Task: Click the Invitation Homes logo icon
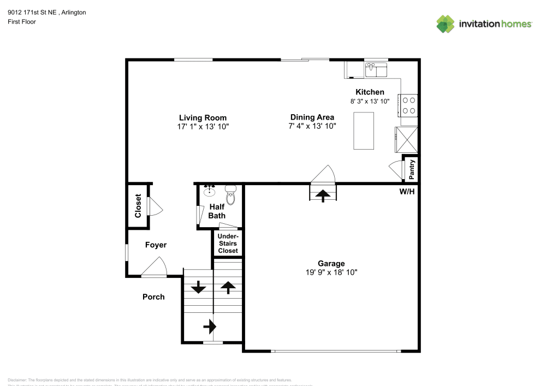point(446,23)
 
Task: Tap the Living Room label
point(203,117)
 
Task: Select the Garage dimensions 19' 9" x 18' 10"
point(331,272)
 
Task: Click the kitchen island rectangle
point(364,130)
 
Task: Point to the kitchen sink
point(376,70)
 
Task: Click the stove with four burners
point(410,105)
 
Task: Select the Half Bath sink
point(209,190)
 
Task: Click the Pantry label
point(412,169)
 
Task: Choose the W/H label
point(407,192)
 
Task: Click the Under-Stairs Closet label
point(228,244)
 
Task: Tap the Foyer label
point(156,245)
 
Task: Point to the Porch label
point(153,297)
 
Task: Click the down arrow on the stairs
point(198,286)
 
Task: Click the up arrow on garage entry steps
point(324,195)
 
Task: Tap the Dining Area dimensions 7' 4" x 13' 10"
point(312,126)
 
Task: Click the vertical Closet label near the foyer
point(138,205)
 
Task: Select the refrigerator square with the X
point(407,139)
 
